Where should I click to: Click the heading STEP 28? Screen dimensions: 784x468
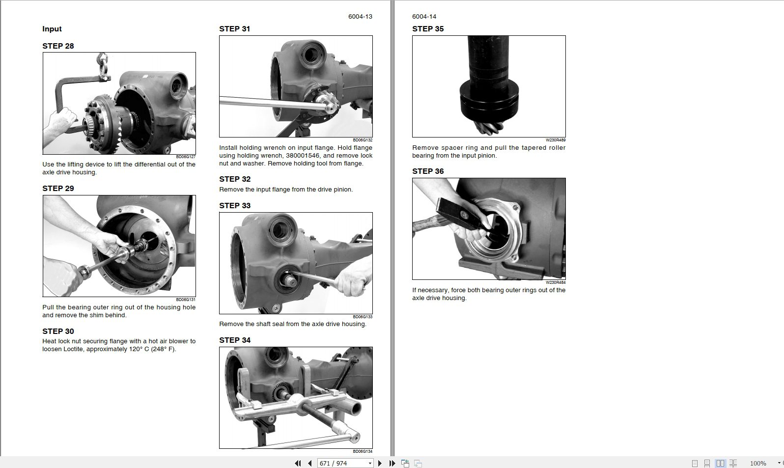click(x=58, y=46)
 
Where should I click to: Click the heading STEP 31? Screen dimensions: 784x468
click(x=234, y=28)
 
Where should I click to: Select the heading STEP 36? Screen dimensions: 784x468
click(x=428, y=171)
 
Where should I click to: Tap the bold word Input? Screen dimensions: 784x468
click(x=52, y=28)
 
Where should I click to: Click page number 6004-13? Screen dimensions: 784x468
click(x=360, y=16)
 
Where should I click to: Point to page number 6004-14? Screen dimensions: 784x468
click(x=424, y=16)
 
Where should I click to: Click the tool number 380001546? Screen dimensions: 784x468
click(x=303, y=156)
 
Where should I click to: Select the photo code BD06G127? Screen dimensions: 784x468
click(x=186, y=157)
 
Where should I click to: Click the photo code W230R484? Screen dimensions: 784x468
click(x=556, y=282)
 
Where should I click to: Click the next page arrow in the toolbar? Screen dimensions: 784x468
click(x=380, y=464)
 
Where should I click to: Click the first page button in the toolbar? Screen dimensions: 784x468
click(x=298, y=464)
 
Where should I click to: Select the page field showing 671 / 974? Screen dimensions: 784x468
click(x=345, y=464)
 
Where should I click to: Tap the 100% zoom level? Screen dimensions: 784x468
click(x=758, y=464)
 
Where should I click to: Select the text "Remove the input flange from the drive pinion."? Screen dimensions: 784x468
click(x=286, y=189)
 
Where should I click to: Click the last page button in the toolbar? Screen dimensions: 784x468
click(x=392, y=464)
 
